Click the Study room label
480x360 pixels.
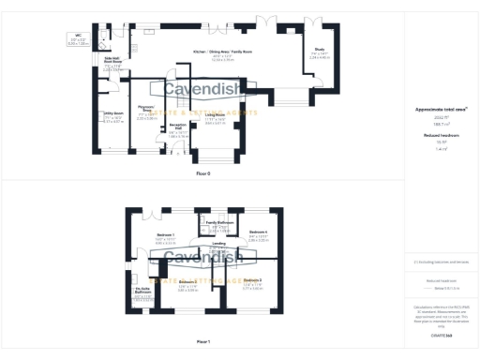(320, 49)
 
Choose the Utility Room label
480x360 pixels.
(113, 113)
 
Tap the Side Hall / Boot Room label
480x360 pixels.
(112, 58)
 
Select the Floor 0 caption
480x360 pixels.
(202, 173)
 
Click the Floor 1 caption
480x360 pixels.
(202, 342)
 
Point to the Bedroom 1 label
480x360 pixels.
(165, 232)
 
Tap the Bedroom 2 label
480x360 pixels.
(187, 281)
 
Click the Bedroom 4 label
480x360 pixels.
(258, 232)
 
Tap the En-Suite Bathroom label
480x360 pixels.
(142, 291)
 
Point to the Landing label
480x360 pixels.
(218, 243)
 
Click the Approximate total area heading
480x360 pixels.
(441, 110)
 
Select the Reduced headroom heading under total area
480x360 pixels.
(441, 136)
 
